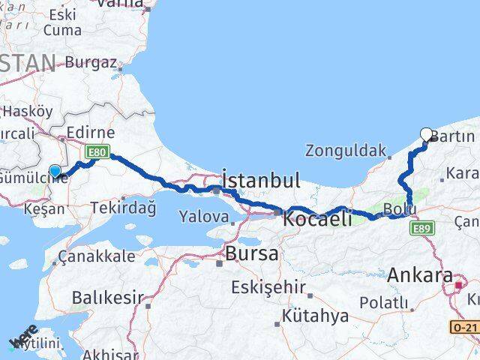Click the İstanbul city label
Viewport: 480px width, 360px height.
tap(261, 180)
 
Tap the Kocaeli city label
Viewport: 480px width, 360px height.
tap(317, 219)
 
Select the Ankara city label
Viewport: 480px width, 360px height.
tap(420, 275)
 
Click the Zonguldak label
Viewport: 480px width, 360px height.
tap(346, 150)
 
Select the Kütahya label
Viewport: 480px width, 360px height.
tap(315, 316)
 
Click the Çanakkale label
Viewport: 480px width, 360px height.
tap(100, 256)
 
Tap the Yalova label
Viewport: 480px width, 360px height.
tap(203, 217)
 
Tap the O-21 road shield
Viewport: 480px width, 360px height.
tap(464, 327)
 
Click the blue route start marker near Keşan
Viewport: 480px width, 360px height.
tap(55, 172)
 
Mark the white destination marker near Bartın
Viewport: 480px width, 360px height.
tap(427, 135)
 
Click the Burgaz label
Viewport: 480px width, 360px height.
tap(91, 63)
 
